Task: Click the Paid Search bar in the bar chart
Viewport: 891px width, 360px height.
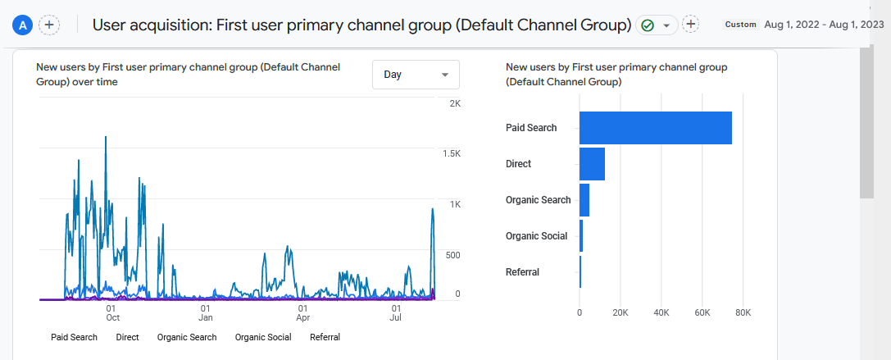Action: tap(655, 128)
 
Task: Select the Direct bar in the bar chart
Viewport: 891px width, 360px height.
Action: tap(592, 164)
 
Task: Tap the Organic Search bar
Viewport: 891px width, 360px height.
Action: tap(584, 200)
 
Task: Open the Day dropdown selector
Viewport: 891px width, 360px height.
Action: tap(416, 75)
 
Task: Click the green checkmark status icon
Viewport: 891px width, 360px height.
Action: tap(648, 25)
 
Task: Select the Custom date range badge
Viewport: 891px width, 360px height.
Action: tap(740, 25)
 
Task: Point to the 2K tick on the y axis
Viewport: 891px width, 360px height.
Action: tap(455, 104)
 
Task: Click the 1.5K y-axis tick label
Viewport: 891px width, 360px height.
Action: tap(452, 154)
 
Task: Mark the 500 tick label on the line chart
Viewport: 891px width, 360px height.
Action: tap(452, 256)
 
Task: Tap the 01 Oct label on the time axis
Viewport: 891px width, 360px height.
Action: tap(113, 312)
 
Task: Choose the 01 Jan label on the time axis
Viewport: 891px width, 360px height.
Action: tap(206, 312)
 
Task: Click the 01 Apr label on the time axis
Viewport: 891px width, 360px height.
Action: tap(302, 312)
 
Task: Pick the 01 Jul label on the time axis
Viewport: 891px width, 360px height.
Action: tap(396, 312)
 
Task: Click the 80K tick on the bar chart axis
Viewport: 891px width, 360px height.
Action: tap(743, 312)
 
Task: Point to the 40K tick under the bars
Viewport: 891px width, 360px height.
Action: tap(661, 312)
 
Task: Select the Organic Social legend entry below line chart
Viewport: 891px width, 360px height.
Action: tap(262, 337)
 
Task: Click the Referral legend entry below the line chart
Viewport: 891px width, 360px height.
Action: tap(325, 337)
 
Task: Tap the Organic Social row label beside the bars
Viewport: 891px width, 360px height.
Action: tap(536, 236)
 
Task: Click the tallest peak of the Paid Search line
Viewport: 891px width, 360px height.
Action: tap(106, 138)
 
